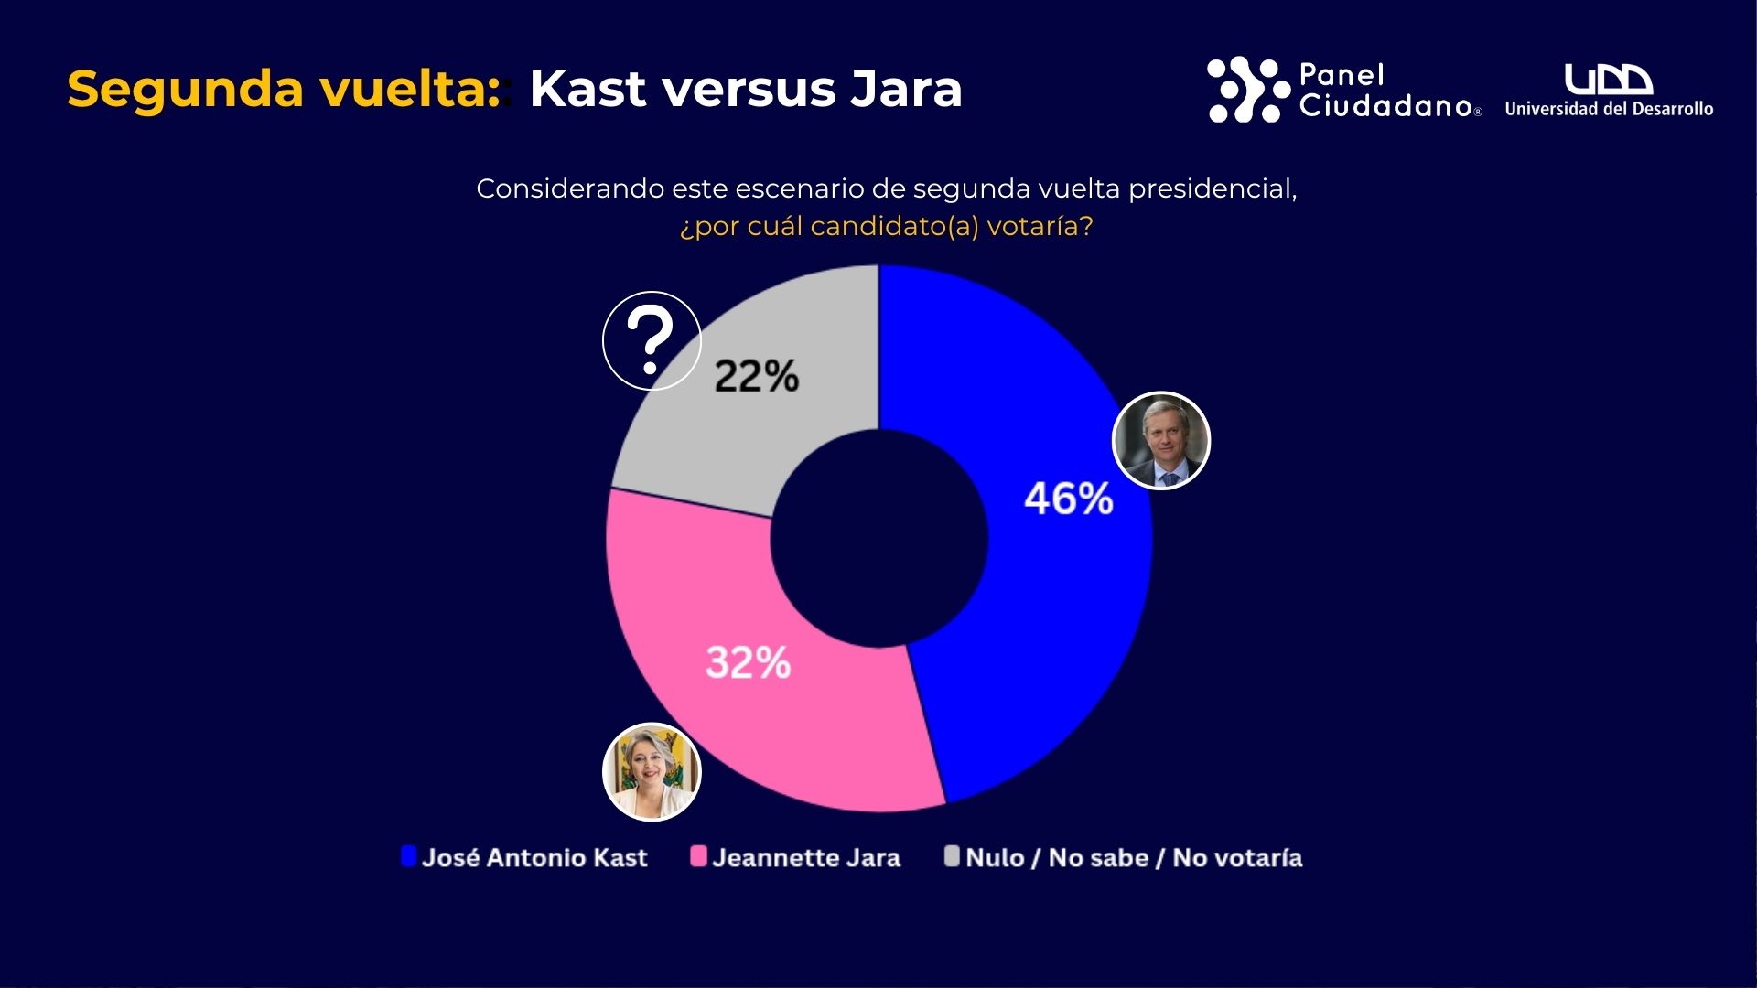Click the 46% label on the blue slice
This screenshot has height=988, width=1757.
click(x=1068, y=499)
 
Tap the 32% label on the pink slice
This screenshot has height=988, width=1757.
click(x=748, y=663)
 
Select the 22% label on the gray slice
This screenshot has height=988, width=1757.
click(x=756, y=376)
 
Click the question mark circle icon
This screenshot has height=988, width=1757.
click(x=652, y=340)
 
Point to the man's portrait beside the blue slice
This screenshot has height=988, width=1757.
click(x=1161, y=441)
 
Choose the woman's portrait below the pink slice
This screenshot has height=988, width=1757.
click(x=652, y=772)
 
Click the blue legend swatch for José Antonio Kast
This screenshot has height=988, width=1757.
click(x=408, y=856)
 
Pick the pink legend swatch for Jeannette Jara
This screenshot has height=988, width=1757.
click(x=698, y=856)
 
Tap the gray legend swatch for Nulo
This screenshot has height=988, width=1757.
click(x=952, y=856)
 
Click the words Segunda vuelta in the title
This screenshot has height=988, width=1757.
click(x=284, y=90)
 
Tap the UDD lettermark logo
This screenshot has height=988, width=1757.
click(x=1608, y=80)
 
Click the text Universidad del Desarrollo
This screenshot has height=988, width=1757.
click(x=1609, y=109)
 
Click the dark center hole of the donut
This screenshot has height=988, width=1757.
click(x=878, y=539)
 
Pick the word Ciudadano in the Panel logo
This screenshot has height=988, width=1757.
click(x=1385, y=106)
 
